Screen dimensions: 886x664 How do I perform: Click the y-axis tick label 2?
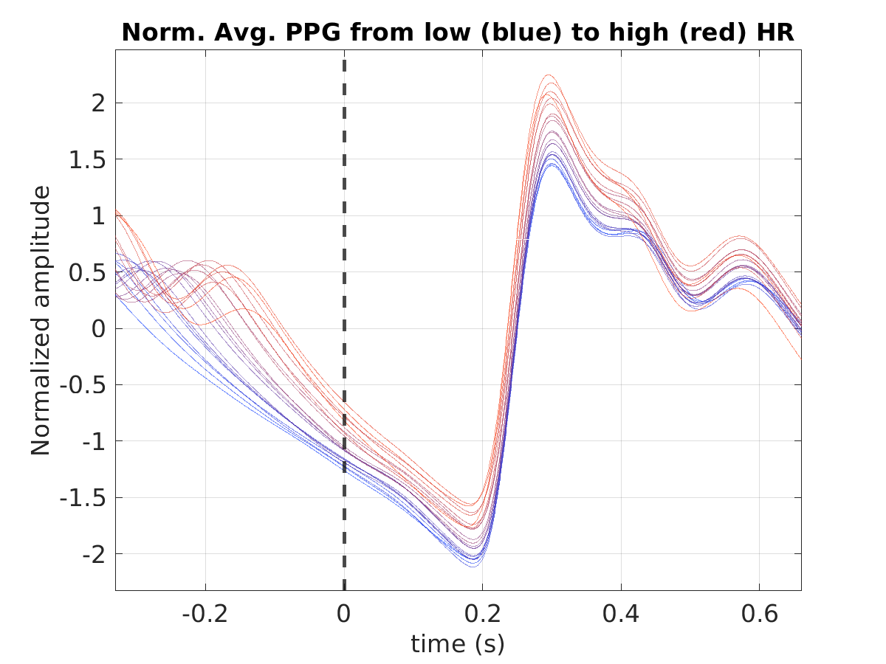[98, 103]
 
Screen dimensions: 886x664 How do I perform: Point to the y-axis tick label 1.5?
[87, 159]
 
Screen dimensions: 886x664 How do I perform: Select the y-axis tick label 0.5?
[87, 273]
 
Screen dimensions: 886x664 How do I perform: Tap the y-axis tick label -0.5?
[83, 386]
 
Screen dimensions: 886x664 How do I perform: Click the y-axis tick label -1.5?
[83, 499]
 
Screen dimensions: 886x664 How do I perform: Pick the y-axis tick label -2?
[94, 555]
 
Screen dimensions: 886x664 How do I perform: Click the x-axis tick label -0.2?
[205, 614]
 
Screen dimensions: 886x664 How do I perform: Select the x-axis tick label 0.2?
[482, 614]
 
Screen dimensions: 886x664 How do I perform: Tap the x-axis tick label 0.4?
[621, 614]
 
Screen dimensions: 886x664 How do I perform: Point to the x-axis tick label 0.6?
[759, 614]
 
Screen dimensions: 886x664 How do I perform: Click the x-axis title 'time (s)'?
[458, 644]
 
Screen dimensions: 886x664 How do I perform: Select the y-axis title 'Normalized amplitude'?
[41, 320]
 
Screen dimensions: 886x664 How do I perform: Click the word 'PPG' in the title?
[313, 32]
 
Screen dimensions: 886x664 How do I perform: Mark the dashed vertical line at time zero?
[344, 325]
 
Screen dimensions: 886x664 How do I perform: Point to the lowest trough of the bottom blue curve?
[473, 567]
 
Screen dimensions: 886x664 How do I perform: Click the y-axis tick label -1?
[94, 442]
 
